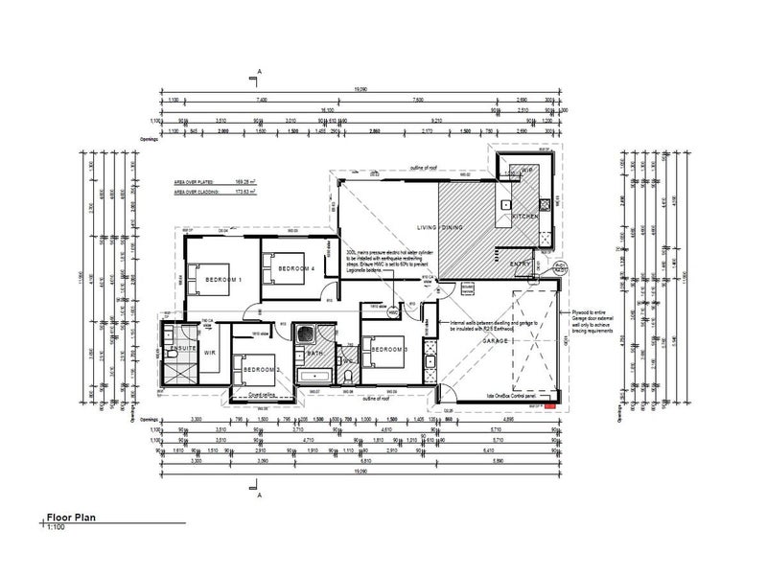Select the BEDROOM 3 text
click(390, 349)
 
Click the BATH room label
click(315, 354)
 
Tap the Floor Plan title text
click(73, 517)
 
